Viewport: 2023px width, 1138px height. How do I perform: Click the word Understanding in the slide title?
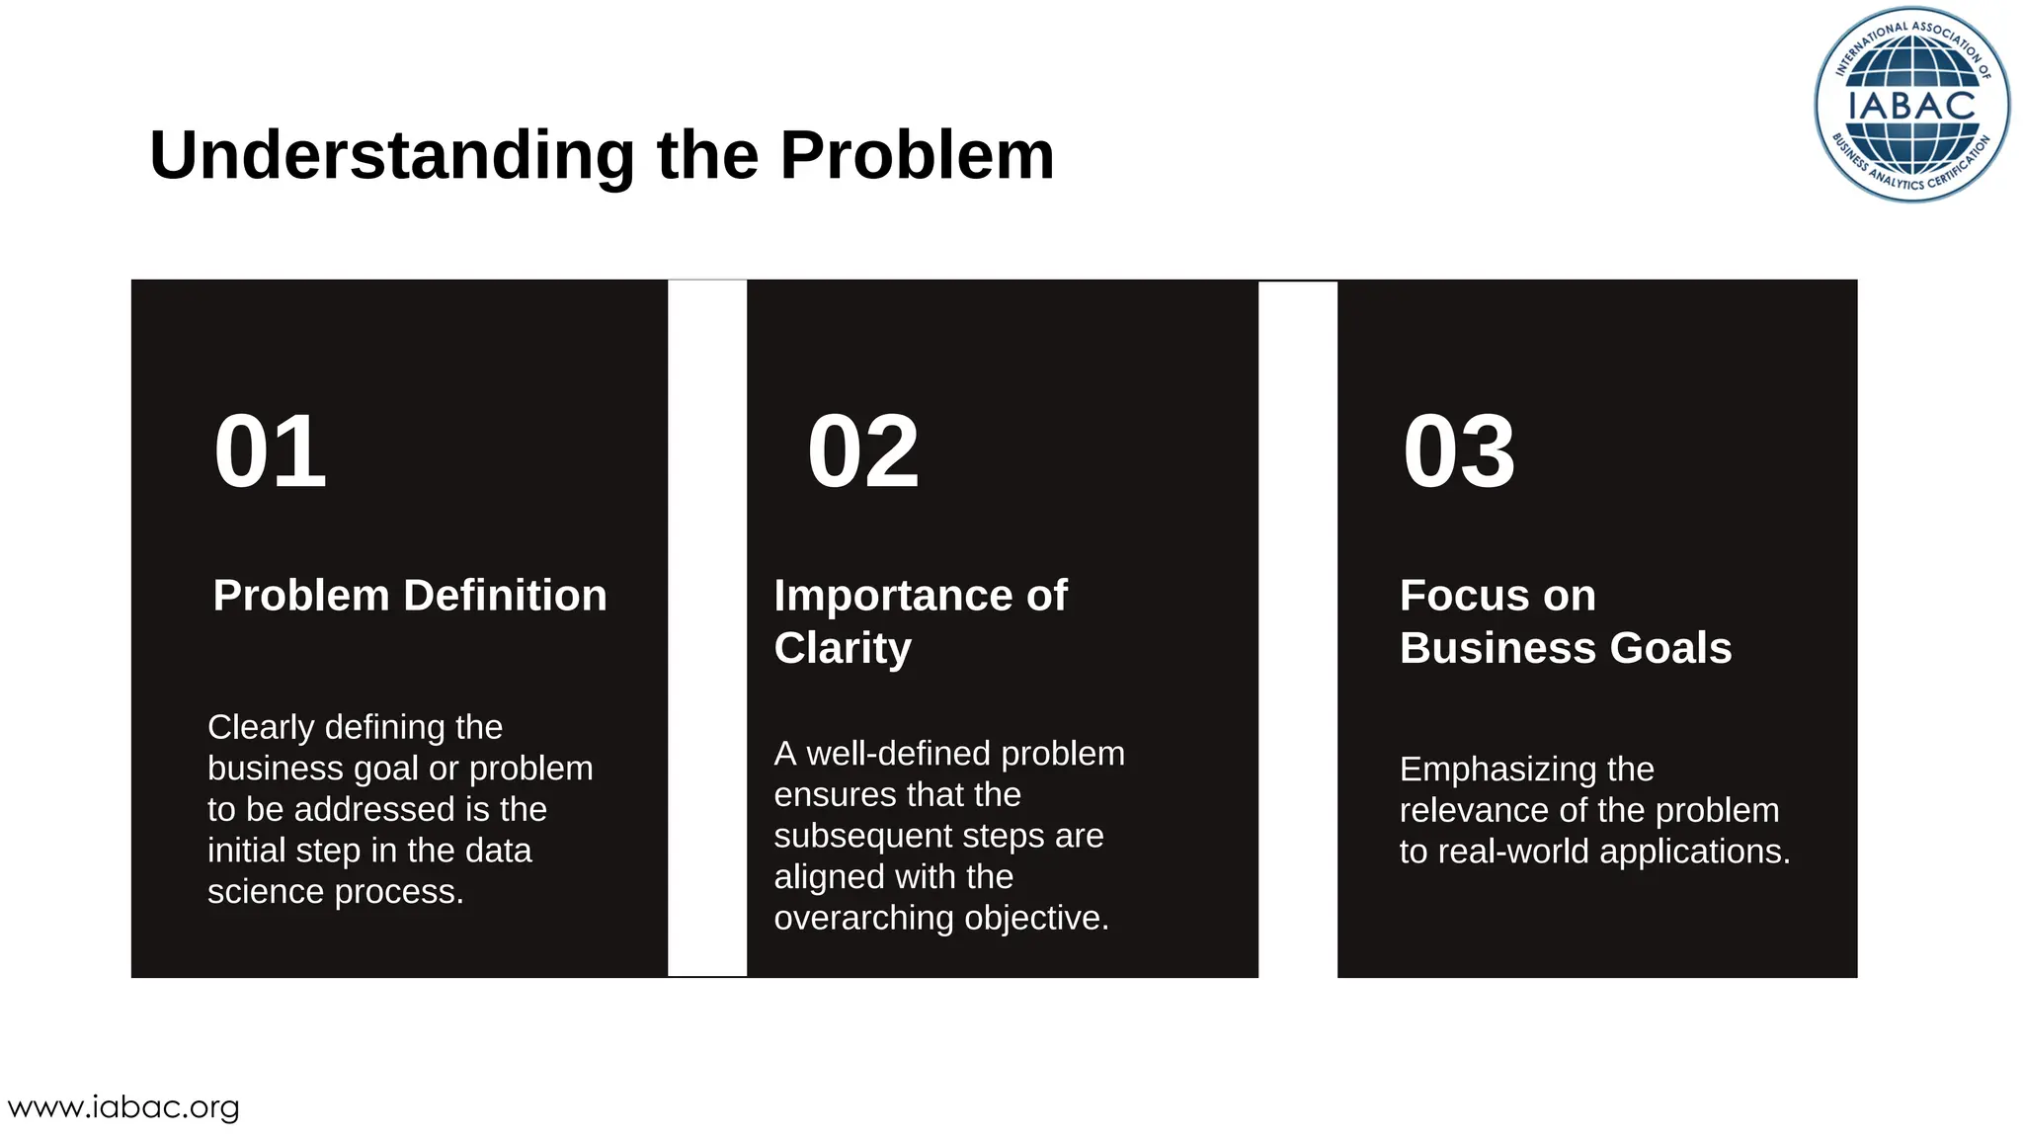click(x=392, y=156)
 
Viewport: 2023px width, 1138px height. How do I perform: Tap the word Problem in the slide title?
click(x=917, y=156)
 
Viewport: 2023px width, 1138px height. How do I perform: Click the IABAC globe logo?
click(x=1911, y=105)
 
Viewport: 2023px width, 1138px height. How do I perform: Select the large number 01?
click(x=270, y=452)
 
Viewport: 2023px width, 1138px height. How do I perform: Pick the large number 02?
click(x=862, y=452)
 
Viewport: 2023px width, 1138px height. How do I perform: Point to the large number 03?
click(x=1458, y=452)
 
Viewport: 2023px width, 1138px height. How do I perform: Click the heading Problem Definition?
click(x=410, y=596)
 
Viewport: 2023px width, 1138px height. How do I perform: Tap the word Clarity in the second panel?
click(x=843, y=649)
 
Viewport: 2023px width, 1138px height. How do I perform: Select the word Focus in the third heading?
click(x=1447, y=596)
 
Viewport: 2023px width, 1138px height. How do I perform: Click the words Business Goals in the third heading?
click(x=1565, y=649)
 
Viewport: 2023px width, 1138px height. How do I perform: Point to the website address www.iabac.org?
click(x=123, y=1107)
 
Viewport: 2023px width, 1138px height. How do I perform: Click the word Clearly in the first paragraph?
click(x=261, y=728)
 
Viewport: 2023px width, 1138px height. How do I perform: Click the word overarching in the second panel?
click(x=864, y=919)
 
